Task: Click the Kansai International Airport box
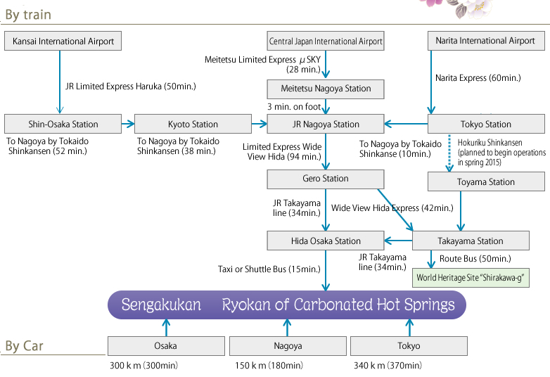[63, 41]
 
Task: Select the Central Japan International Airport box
[326, 41]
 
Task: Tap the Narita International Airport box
[485, 41]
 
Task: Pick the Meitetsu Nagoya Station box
[326, 89]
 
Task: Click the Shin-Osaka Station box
[63, 124]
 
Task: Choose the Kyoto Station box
[193, 124]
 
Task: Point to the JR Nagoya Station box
[326, 124]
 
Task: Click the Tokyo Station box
[485, 124]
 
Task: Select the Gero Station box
[326, 179]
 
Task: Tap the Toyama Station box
[485, 182]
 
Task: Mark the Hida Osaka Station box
[326, 241]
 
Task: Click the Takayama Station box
[471, 241]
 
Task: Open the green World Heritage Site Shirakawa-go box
[472, 278]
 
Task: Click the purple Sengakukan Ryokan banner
[286, 305]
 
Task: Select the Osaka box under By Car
[166, 346]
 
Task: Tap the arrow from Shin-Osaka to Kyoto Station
[127, 124]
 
